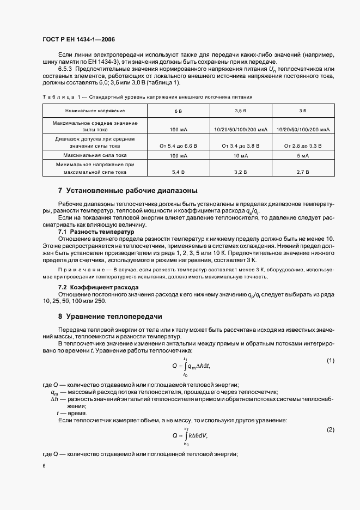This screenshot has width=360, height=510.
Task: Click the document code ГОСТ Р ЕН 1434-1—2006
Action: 78,40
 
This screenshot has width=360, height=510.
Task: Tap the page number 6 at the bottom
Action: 44,466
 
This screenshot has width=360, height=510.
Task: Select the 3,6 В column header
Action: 240,111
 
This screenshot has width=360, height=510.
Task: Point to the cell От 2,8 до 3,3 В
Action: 303,145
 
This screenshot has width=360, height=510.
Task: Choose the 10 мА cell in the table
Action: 240,155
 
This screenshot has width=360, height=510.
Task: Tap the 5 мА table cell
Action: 303,155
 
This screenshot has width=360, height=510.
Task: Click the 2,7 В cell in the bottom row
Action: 303,172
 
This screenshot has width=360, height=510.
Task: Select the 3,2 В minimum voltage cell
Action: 240,172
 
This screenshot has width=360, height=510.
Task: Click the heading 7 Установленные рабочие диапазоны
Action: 127,191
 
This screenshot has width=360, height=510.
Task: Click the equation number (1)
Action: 330,361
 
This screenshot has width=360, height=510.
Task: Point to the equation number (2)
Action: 330,430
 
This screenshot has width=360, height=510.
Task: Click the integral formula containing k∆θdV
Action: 190,435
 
